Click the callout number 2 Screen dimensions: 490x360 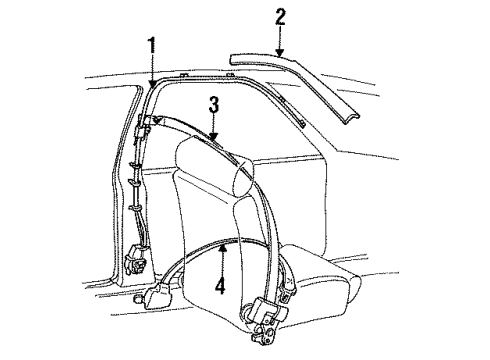(281, 17)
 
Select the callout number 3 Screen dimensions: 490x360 (213, 103)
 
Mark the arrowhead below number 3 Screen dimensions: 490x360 (213, 135)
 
